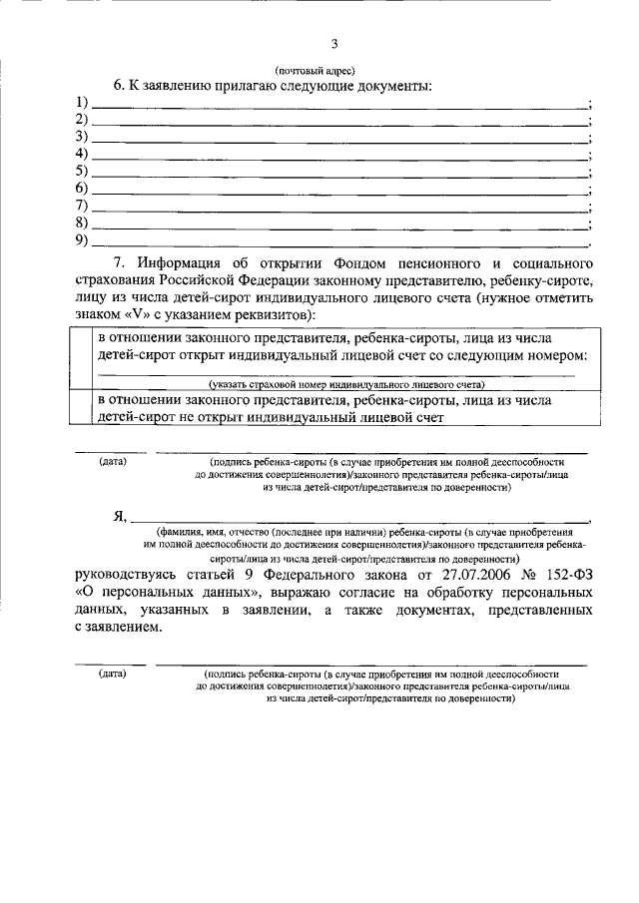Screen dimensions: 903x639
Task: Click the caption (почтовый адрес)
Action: point(315,70)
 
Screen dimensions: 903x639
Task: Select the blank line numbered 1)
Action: point(339,104)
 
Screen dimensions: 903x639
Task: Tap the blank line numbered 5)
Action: point(339,172)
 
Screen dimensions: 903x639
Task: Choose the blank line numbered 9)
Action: point(339,240)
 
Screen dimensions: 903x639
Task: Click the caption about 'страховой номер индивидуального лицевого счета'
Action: point(345,384)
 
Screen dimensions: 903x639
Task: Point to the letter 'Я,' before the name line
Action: point(119,517)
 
